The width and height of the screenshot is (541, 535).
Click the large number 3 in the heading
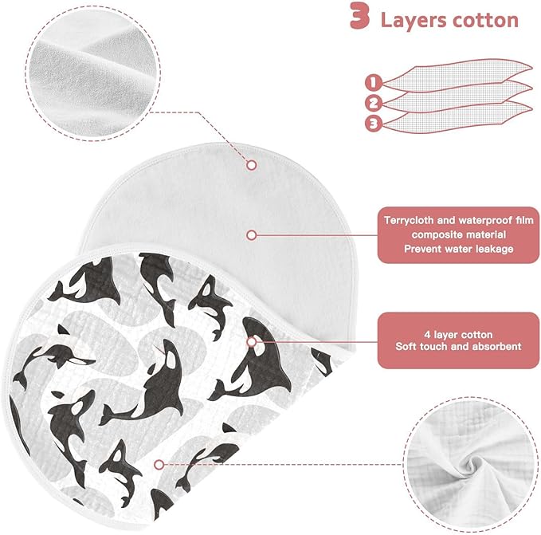pos(359,16)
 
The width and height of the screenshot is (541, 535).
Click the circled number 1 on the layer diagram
pos(374,83)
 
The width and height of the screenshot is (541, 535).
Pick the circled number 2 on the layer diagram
pos(374,103)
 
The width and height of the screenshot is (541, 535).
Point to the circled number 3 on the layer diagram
pos(374,124)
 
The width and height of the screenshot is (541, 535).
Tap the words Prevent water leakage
pos(459,249)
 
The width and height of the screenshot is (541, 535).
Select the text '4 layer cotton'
pos(458,335)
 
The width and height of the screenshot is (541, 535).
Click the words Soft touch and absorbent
pos(458,347)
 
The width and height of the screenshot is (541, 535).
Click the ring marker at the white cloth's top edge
pos(252,165)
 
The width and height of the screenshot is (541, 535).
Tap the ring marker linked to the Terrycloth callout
pos(252,235)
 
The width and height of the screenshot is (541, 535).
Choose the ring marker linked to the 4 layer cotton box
pos(252,342)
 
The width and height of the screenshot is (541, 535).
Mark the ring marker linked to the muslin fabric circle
pos(159,465)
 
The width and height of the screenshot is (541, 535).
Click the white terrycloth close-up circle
pos(93,73)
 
